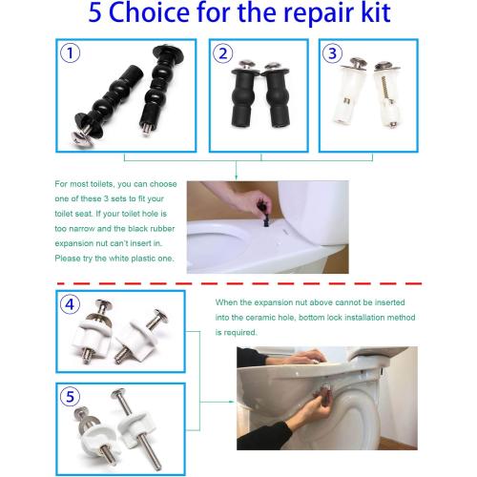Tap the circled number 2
coord(223,53)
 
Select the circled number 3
coord(333,53)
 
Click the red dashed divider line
coord(238,282)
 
